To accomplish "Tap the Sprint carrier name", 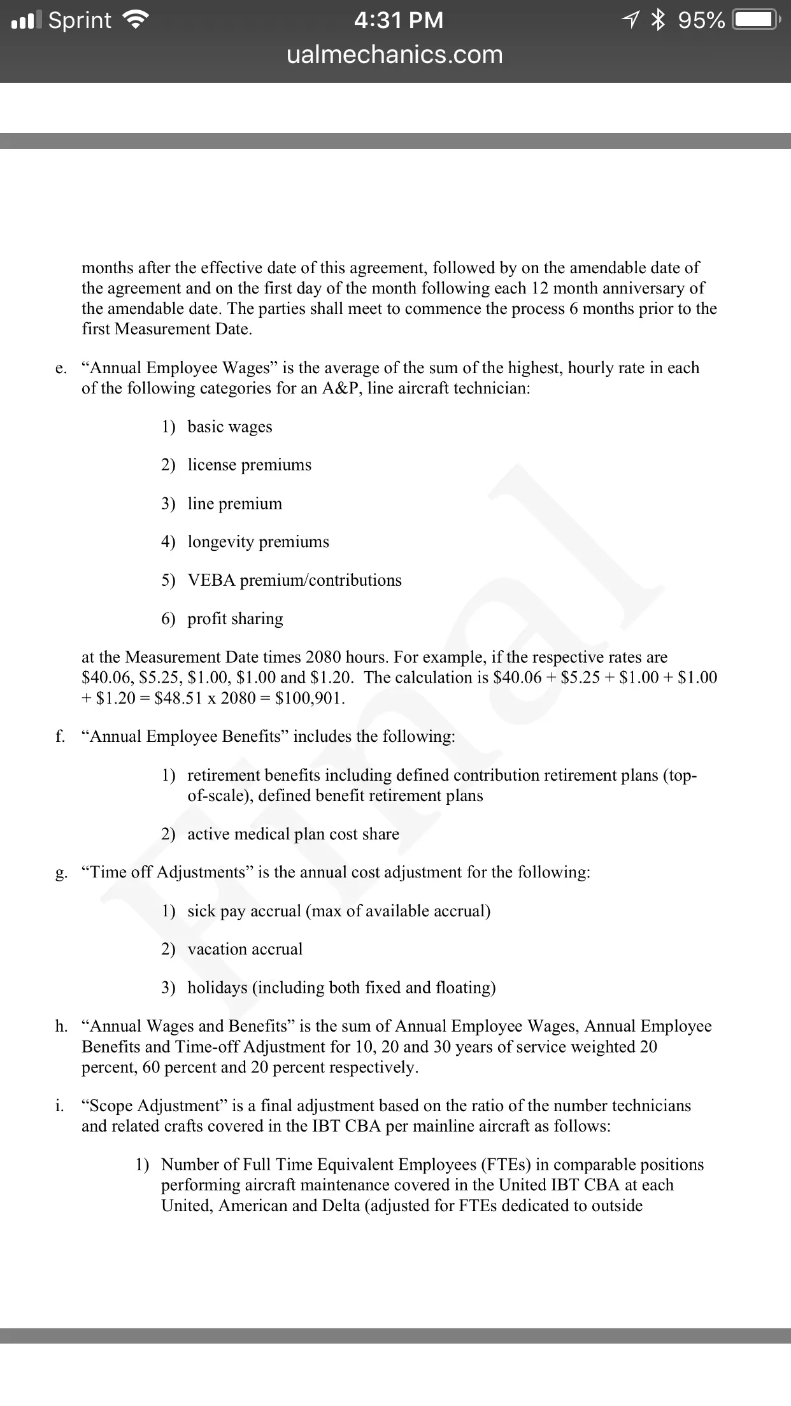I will (x=80, y=20).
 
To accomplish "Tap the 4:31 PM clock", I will (x=398, y=20).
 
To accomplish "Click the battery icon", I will (x=755, y=20).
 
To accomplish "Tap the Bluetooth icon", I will (x=657, y=20).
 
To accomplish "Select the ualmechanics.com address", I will (x=395, y=55).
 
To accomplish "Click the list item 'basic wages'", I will (x=230, y=427).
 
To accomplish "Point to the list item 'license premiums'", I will (x=250, y=465).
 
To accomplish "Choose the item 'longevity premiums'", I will (x=259, y=542).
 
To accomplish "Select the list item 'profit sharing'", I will (x=236, y=619).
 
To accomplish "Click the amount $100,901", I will (x=310, y=698).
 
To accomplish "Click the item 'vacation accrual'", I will (x=245, y=949).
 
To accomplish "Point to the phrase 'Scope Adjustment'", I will (x=150, y=1105).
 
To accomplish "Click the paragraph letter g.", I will (x=61, y=873).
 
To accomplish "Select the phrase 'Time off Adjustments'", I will (x=168, y=872).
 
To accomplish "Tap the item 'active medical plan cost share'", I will (x=294, y=834).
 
